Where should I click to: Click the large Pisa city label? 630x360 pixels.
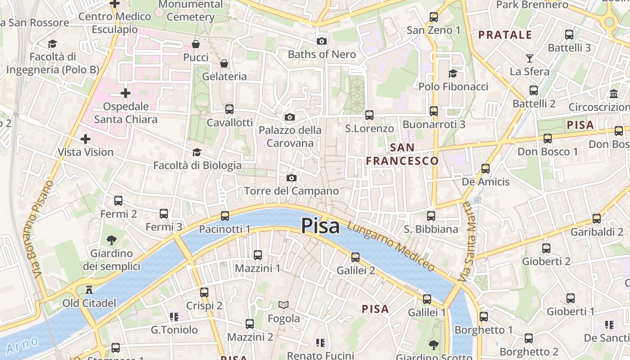(x=320, y=225)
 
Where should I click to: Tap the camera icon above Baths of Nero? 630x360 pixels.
(x=321, y=41)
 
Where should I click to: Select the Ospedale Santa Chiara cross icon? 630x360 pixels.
(x=126, y=93)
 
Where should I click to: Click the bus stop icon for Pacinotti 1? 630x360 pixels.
(x=225, y=216)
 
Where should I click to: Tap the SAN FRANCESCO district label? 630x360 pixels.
(x=402, y=154)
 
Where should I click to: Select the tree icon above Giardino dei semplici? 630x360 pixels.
(x=111, y=240)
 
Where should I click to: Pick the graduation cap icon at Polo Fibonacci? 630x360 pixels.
(x=453, y=73)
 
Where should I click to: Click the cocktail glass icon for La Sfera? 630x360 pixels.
(x=529, y=58)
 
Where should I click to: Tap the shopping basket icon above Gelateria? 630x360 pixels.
(x=224, y=63)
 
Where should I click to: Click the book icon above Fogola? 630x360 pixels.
(x=283, y=305)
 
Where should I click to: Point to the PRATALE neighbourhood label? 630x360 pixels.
(x=505, y=35)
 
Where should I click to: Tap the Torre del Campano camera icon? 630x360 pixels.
(x=292, y=178)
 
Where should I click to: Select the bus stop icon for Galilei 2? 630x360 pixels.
(x=355, y=257)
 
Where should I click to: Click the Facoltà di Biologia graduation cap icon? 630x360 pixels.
(x=197, y=153)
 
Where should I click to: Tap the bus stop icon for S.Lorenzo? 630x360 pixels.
(x=369, y=115)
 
